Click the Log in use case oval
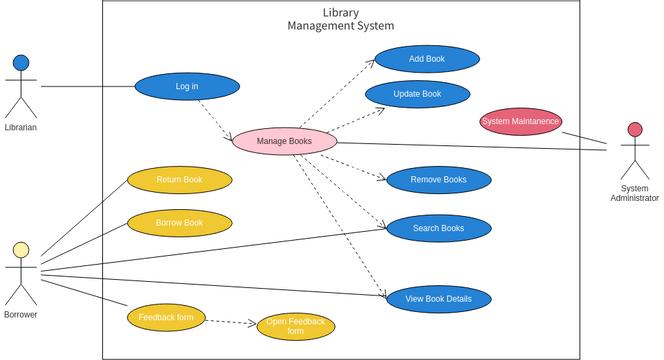(x=187, y=87)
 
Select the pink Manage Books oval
(x=284, y=141)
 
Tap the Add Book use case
(x=427, y=59)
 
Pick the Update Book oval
(x=417, y=94)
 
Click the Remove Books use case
(x=438, y=180)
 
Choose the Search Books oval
(x=438, y=228)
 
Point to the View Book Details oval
(x=438, y=299)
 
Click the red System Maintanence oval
(x=520, y=121)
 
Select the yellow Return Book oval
(x=179, y=180)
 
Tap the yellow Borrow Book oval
(x=179, y=223)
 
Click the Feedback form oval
(x=167, y=318)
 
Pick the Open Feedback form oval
(x=295, y=326)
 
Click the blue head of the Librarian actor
(x=21, y=63)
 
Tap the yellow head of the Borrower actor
(x=21, y=250)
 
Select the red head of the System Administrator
(x=634, y=130)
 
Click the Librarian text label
(x=21, y=128)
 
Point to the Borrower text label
(x=21, y=315)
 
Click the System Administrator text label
(x=634, y=193)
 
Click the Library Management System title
(x=340, y=19)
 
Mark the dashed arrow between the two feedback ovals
(x=231, y=321)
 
